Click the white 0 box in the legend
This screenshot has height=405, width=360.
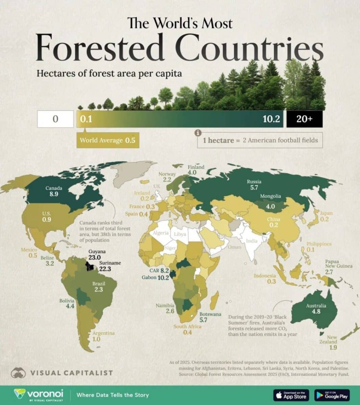(x=55, y=119)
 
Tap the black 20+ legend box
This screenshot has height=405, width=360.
(x=304, y=119)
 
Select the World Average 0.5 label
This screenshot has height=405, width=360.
(x=107, y=140)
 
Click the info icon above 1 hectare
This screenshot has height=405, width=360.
(x=199, y=133)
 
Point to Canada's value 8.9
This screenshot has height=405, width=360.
(x=54, y=194)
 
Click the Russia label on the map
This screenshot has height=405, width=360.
(x=254, y=182)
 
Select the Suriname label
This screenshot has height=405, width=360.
(x=110, y=263)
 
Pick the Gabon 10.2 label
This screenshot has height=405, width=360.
(x=155, y=278)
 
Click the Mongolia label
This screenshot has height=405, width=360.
(x=270, y=196)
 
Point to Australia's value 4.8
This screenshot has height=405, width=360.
(x=316, y=312)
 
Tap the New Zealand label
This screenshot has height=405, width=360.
(x=332, y=340)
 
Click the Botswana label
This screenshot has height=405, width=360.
(x=210, y=314)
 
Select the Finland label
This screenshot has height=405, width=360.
(x=196, y=167)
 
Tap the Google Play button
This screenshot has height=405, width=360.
(x=332, y=395)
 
